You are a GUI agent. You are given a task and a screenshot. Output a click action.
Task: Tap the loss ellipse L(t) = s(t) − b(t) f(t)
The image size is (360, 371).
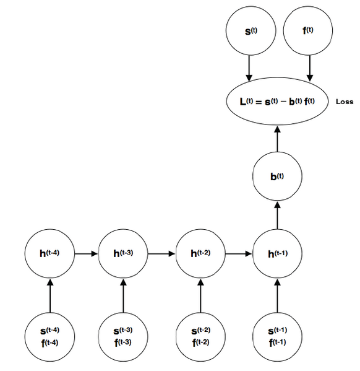(277, 101)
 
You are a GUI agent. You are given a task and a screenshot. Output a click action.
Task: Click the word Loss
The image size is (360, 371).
(344, 102)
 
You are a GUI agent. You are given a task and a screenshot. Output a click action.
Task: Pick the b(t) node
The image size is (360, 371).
(277, 177)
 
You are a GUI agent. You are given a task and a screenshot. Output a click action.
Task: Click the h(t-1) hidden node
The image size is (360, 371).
(277, 253)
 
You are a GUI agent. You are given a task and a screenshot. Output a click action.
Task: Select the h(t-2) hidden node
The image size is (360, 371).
(200, 253)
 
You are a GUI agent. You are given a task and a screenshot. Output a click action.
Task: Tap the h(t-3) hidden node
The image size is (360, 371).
(123, 253)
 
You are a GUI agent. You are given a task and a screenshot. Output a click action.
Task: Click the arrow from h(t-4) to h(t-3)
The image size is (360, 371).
(87, 253)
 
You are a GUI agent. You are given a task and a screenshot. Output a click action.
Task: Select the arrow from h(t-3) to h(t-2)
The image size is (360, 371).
(161, 253)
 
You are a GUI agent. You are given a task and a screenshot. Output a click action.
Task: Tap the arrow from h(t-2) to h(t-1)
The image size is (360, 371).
(239, 253)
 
